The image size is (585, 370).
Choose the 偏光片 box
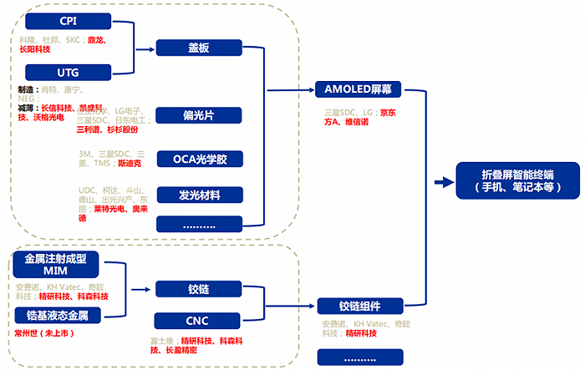200,114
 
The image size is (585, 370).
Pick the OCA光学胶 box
200,158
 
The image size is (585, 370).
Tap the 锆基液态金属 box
56,316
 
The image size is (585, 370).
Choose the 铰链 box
200,289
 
